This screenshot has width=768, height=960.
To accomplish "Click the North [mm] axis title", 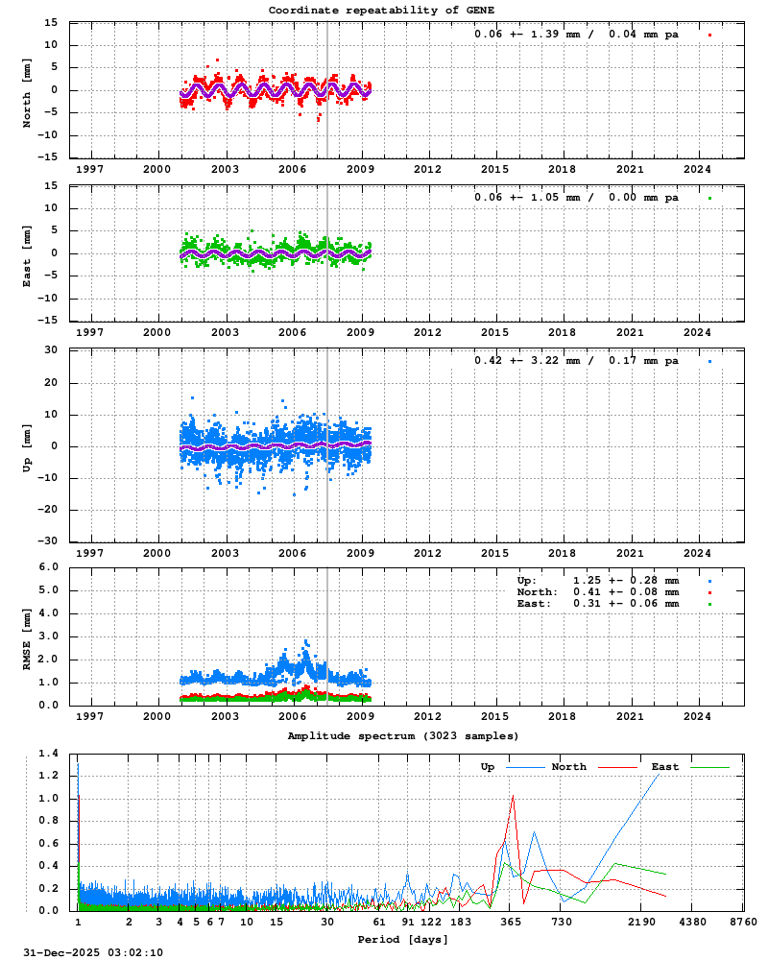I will click(x=28, y=91).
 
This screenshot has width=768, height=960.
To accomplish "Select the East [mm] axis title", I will click(x=28, y=254).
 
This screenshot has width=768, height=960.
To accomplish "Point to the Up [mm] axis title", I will click(x=28, y=446).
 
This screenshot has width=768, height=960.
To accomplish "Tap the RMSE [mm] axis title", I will click(x=28, y=636).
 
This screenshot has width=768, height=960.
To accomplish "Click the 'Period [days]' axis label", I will click(x=403, y=938).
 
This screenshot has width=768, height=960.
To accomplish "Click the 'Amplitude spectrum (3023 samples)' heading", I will click(x=403, y=735).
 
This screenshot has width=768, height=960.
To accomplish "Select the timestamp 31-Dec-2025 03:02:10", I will click(x=93, y=951).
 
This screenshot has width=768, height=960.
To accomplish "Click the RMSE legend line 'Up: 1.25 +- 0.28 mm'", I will click(x=598, y=581).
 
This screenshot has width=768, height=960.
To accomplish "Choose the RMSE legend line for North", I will click(x=598, y=592).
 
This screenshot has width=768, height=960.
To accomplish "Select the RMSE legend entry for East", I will click(x=598, y=604).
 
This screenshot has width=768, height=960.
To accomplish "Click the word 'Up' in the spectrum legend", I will click(x=488, y=767).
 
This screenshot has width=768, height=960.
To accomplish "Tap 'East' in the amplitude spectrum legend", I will click(x=665, y=767).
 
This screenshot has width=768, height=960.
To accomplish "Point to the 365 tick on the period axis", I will click(x=510, y=922).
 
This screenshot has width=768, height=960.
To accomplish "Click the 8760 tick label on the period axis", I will click(x=743, y=922).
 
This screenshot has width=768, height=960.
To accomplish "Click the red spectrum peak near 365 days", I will click(x=514, y=795).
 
